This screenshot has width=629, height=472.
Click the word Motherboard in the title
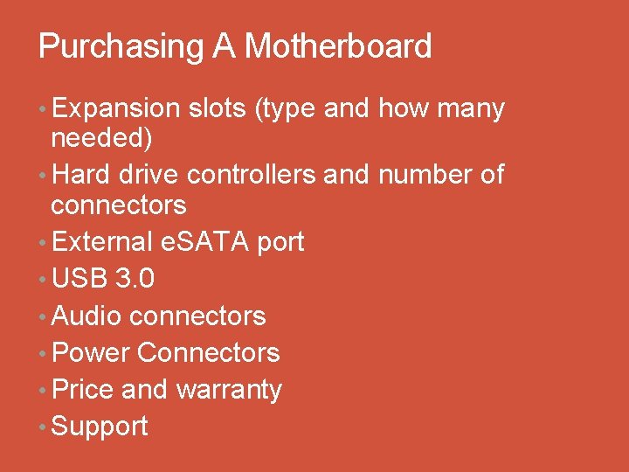(338, 46)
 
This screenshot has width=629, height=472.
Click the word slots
(215, 108)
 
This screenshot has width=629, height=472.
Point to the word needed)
(101, 137)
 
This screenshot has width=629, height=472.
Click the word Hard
(81, 175)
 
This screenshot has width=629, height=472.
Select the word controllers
(251, 175)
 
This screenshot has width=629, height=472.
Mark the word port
(280, 242)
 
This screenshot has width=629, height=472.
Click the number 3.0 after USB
(135, 279)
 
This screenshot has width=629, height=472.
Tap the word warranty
(229, 390)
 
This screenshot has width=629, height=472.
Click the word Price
(83, 389)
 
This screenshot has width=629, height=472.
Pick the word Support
(100, 427)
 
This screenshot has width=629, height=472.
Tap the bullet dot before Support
(43, 427)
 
